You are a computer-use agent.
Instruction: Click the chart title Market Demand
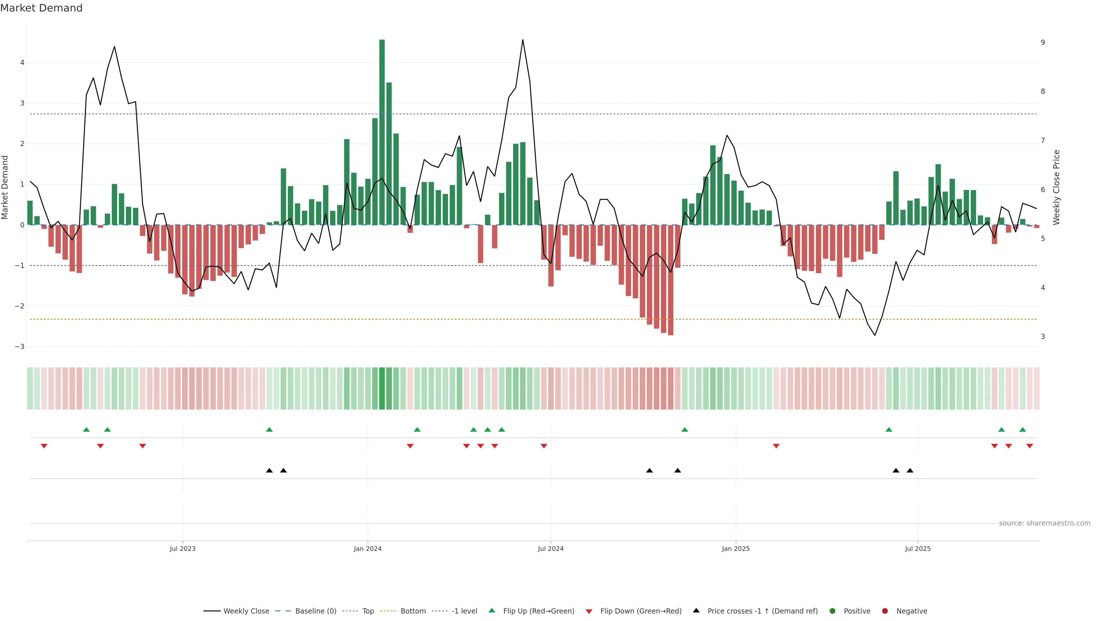[41, 8]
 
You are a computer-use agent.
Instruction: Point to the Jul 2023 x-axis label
[182, 549]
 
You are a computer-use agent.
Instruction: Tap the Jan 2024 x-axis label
[368, 549]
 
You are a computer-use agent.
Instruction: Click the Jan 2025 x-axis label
[736, 549]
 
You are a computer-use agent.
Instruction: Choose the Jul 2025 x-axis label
[918, 549]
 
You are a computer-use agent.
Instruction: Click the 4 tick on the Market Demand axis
[22, 63]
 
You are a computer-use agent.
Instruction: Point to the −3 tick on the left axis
[20, 347]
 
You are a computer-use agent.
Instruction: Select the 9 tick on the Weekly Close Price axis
[1043, 43]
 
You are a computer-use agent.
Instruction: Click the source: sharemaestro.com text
[1045, 523]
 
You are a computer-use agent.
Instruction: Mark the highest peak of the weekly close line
[523, 40]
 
